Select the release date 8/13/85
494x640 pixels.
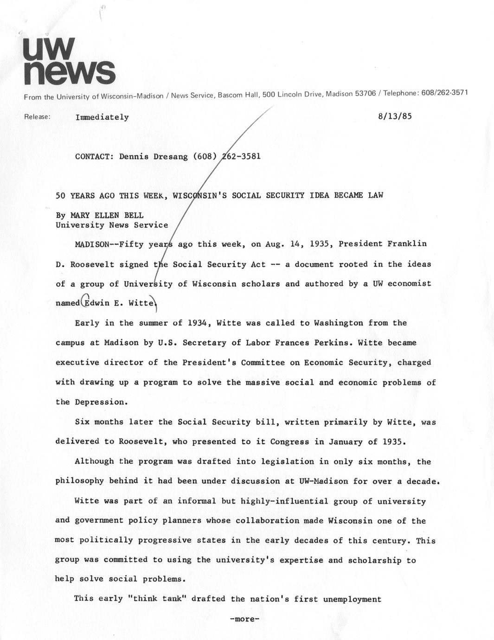pyautogui.click(x=395, y=116)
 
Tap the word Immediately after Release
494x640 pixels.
pyautogui.click(x=102, y=117)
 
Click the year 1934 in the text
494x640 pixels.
pyautogui.click(x=195, y=323)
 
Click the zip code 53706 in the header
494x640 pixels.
pyautogui.click(x=365, y=94)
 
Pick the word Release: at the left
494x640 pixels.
pyautogui.click(x=37, y=117)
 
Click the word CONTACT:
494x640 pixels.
pyautogui.click(x=94, y=156)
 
